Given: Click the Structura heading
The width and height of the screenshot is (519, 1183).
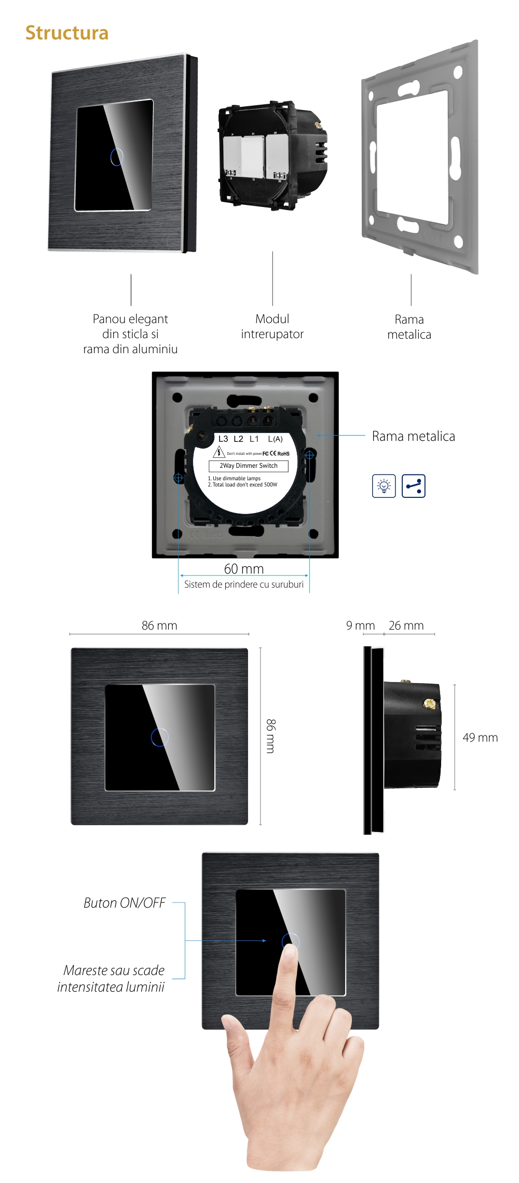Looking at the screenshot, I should (x=67, y=33).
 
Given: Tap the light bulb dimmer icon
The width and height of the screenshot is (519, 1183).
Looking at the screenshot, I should (x=384, y=486).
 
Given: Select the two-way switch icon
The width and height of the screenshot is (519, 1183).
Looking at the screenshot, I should (x=414, y=486).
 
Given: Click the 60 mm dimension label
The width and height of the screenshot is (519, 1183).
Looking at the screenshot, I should (x=244, y=569).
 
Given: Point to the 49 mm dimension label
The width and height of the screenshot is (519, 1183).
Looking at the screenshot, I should (x=480, y=737).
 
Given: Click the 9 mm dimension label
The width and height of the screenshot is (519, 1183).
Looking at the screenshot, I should (x=360, y=625).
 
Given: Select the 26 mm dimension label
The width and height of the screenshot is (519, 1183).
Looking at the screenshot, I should (x=406, y=625).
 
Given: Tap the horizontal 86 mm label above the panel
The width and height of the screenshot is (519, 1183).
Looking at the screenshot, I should (x=159, y=625).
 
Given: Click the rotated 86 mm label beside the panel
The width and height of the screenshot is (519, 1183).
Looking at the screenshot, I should (x=271, y=736).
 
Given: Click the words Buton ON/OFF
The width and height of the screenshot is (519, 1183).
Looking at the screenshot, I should (x=125, y=903).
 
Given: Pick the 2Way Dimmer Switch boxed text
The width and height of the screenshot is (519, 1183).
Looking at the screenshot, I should (x=249, y=466).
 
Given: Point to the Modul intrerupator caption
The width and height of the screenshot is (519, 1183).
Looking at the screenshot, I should (x=272, y=326).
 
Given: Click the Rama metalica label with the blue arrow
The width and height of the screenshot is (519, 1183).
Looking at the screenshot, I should (x=413, y=436).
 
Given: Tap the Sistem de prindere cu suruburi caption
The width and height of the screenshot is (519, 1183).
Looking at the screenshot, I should (x=244, y=584).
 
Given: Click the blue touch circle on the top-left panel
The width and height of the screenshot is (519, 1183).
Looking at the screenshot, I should (x=117, y=157).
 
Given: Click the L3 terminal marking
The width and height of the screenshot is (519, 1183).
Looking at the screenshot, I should (x=223, y=439).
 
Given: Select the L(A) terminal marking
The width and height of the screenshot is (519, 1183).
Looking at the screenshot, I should (x=275, y=439).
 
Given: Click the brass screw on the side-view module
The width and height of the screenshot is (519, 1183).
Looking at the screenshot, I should (x=429, y=703).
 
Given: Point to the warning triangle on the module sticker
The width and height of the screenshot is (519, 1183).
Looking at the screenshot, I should (x=219, y=452).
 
